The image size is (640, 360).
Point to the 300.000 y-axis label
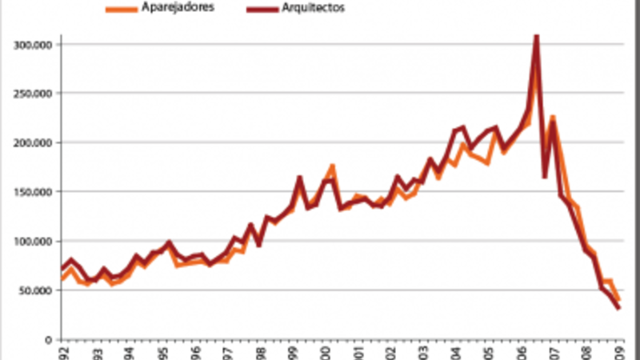point(33,45)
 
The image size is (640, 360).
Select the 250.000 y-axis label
point(33,94)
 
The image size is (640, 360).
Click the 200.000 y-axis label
point(33,143)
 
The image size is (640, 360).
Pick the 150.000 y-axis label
point(33,192)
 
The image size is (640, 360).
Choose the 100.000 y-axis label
point(33,242)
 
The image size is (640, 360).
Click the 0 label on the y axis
point(47,340)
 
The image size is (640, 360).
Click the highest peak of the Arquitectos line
point(536,35)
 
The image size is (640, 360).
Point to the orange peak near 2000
point(332,166)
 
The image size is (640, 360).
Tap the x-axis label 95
point(162,353)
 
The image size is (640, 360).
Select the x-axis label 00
point(326,353)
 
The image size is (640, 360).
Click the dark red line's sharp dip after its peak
point(545,177)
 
